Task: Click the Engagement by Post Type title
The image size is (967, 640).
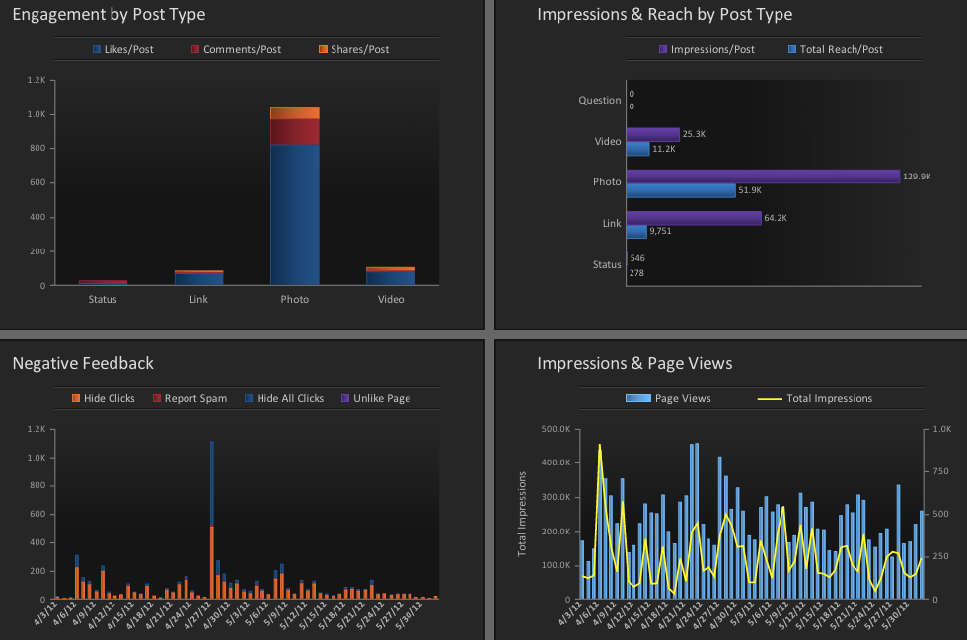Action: (109, 15)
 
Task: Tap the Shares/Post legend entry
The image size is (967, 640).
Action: (353, 49)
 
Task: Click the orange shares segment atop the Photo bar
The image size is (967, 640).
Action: (294, 112)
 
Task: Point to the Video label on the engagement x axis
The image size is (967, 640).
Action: (391, 299)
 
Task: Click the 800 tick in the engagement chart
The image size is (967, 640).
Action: (37, 149)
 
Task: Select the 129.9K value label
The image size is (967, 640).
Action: (916, 177)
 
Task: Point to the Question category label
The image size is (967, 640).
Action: (600, 100)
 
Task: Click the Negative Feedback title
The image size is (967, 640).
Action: (83, 363)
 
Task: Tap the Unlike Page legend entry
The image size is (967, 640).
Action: (374, 398)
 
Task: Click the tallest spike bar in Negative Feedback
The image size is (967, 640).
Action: (211, 493)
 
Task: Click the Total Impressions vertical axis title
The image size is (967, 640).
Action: (522, 513)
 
